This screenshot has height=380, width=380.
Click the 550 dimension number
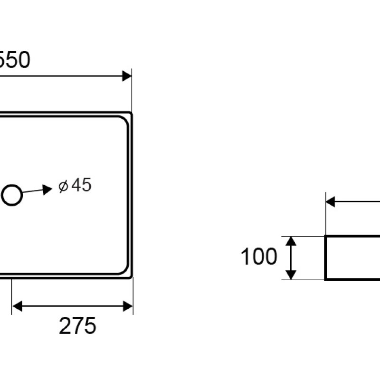14,60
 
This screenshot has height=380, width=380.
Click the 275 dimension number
77,326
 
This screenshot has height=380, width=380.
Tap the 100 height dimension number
259,257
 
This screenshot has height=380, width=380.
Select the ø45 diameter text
75,185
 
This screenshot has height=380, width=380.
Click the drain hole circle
11,195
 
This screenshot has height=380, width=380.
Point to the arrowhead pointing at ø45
47,190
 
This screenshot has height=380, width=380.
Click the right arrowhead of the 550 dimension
127,76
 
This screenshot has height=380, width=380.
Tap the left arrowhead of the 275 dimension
17,306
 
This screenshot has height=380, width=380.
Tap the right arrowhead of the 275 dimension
127,306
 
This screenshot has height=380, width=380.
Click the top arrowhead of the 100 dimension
292,241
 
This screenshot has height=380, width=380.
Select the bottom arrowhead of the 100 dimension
292,274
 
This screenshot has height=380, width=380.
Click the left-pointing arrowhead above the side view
331,202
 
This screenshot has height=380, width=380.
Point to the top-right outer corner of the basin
132,113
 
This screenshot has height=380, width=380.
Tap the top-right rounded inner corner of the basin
125,120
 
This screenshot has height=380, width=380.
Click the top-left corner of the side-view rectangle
326,236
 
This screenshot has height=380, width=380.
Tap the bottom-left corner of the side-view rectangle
326,279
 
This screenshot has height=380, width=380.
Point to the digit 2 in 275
65,326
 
